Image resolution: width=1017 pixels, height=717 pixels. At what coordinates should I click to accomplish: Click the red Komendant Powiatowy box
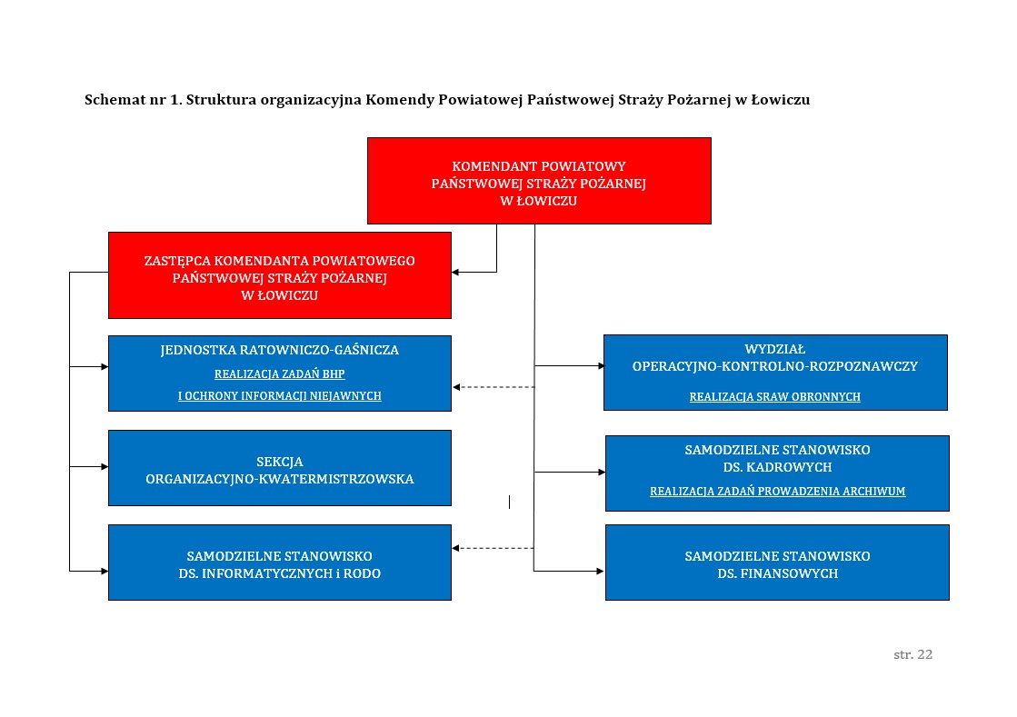538,181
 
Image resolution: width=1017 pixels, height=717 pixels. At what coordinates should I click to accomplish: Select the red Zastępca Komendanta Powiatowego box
279,275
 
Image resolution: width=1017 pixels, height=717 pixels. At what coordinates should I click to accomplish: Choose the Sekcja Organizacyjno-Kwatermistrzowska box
279,469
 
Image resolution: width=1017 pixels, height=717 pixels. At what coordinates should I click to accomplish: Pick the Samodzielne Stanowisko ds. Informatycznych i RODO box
279,563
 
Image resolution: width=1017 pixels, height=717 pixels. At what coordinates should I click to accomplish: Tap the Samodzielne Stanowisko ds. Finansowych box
777,563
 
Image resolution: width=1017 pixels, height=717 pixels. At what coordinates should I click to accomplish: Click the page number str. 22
912,654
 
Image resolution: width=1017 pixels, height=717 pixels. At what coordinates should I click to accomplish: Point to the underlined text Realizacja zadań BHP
279,373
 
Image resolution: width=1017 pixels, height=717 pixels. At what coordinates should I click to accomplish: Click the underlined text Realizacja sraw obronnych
774,397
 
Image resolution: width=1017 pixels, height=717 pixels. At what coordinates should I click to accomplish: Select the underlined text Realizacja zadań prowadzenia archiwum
777,492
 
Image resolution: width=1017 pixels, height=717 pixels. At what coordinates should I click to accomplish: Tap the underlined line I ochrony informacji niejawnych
279,396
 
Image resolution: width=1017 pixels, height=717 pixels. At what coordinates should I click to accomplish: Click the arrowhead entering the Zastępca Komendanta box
456,272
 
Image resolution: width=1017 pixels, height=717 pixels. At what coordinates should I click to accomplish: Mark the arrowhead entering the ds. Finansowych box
600,571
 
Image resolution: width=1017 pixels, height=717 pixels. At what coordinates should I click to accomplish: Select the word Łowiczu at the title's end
779,100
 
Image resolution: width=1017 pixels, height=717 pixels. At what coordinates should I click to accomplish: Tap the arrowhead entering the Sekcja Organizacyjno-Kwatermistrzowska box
104,467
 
